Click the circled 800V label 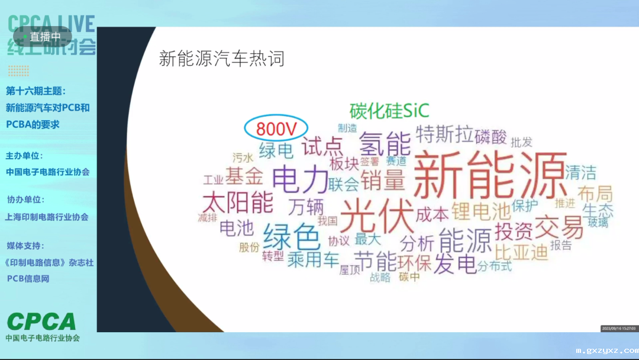(276, 128)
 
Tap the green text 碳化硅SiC (389, 110)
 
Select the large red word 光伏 (376, 216)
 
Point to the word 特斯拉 (444, 134)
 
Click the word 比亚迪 (521, 252)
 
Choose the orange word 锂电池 (480, 210)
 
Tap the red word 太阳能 (238, 202)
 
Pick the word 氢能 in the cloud (385, 143)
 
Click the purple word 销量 (383, 180)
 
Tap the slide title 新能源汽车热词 (222, 59)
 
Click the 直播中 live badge (42, 37)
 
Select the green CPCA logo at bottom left (41, 322)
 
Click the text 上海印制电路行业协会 (47, 217)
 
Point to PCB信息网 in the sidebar (28, 278)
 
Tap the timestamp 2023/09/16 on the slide (618, 328)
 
